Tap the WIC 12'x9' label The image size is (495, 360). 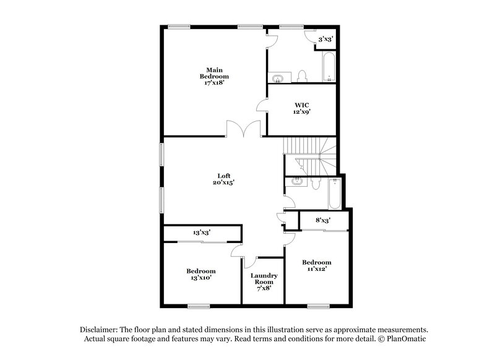302,109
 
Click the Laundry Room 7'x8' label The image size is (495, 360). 264,281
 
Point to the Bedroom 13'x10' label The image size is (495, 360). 201,275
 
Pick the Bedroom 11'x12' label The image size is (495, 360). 316,265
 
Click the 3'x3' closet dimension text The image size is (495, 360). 325,39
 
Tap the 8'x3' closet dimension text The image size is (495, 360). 322,220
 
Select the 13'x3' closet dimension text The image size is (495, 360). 202,233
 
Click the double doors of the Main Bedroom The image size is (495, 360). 241,129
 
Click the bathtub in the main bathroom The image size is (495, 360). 329,67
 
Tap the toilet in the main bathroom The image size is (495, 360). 303,76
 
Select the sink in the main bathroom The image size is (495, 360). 278,78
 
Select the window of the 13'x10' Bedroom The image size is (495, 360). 199,306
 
